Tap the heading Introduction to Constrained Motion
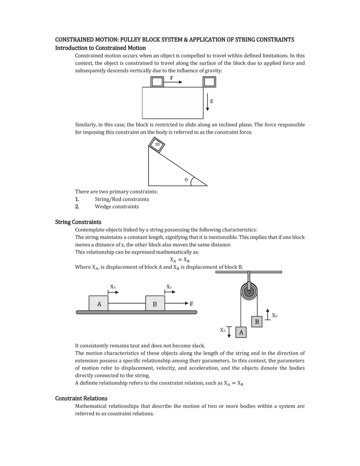pyautogui.click(x=101, y=48)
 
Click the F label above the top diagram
pyautogui.click(x=172, y=77)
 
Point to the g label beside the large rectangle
pyautogui.click(x=211, y=101)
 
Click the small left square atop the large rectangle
pyautogui.click(x=157, y=82)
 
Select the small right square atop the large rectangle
pyautogui.click(x=209, y=82)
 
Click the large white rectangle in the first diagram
pyautogui.click(x=172, y=103)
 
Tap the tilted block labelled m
pyautogui.click(x=157, y=145)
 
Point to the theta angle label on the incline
pyautogui.click(x=186, y=179)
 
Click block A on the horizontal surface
pyautogui.click(x=99, y=304)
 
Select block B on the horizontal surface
pyautogui.click(x=155, y=304)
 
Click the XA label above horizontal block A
pyautogui.click(x=113, y=287)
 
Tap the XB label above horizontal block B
pyautogui.click(x=169, y=286)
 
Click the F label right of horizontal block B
pyautogui.click(x=192, y=304)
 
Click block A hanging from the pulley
pyautogui.click(x=241, y=333)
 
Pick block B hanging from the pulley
pyautogui.click(x=257, y=322)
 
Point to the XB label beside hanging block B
pyautogui.click(x=275, y=315)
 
